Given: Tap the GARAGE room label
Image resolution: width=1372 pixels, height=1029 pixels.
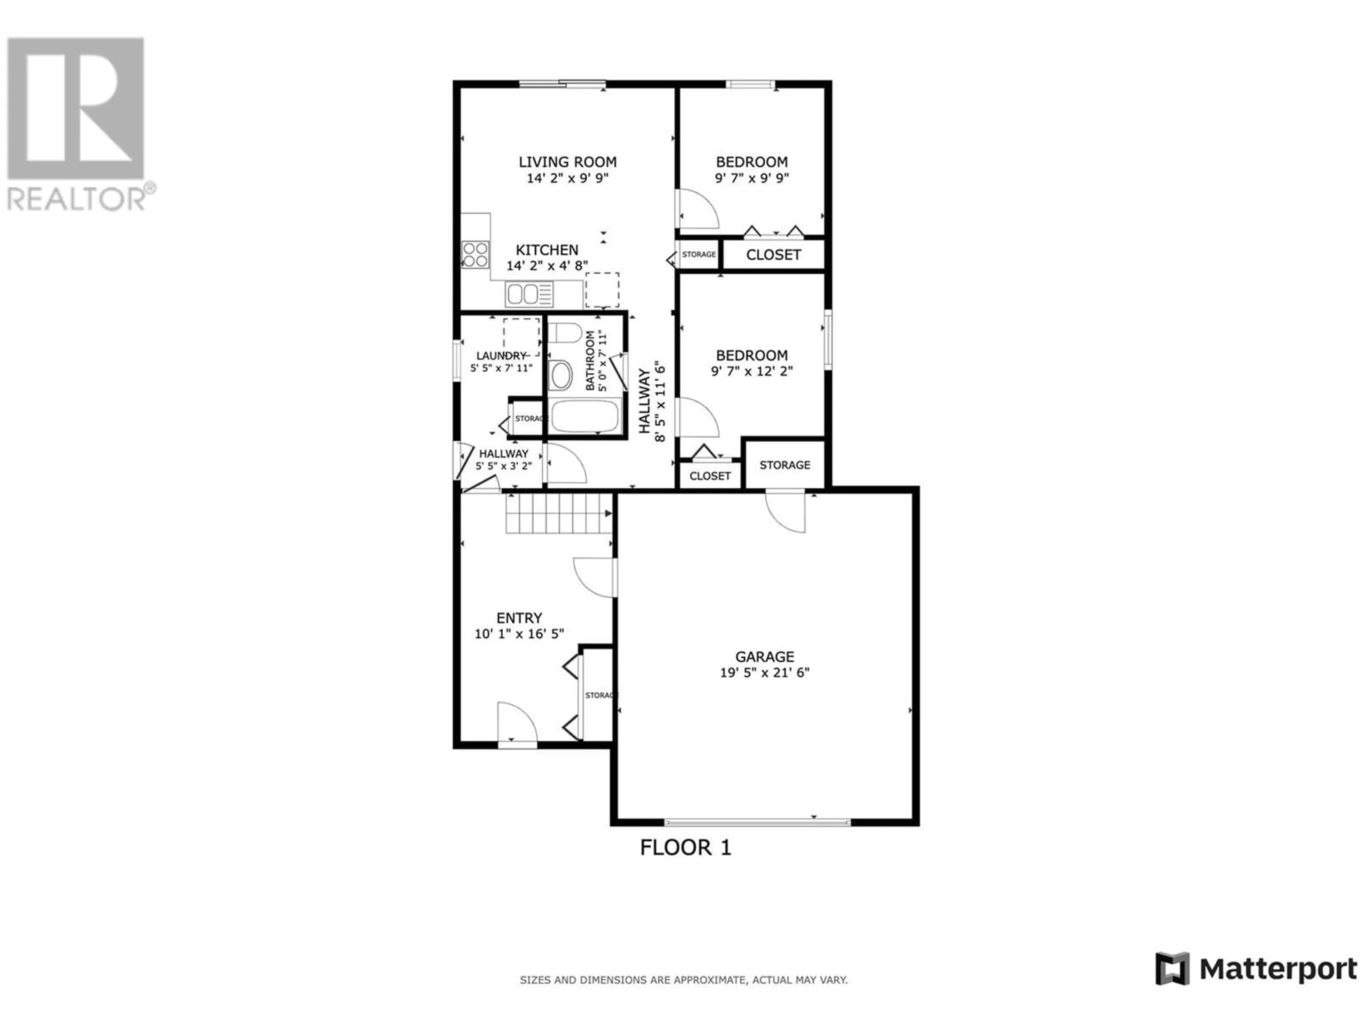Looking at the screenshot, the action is click(x=764, y=656).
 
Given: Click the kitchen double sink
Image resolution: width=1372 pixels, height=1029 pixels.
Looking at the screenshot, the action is click(x=529, y=294).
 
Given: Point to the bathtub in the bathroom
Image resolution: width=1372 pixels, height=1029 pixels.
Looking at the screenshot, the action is click(x=586, y=416).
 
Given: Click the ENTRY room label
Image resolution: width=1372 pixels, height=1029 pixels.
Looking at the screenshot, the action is click(x=519, y=618).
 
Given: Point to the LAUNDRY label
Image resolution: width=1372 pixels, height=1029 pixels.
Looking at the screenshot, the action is click(x=501, y=356).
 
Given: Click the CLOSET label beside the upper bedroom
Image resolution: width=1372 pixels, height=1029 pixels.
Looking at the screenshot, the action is click(x=774, y=255).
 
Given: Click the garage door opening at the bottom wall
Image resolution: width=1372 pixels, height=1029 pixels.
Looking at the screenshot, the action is click(x=757, y=822).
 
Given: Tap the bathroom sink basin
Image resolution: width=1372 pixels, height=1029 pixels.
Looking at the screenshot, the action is click(x=561, y=375).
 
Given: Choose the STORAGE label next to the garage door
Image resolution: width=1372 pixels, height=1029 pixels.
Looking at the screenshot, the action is click(x=785, y=465).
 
